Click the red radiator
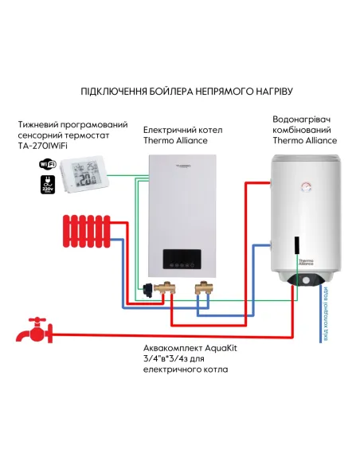[83, 231]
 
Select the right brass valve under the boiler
[204, 287]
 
